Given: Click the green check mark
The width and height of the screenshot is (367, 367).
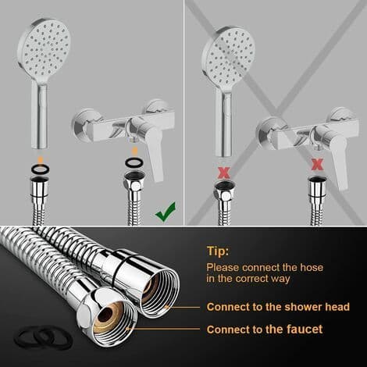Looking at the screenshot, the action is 166,212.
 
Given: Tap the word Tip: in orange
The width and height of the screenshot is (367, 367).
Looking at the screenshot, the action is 218,251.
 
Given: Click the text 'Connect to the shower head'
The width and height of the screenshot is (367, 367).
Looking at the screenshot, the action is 278,307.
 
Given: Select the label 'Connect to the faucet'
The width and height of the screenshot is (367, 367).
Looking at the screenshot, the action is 265,330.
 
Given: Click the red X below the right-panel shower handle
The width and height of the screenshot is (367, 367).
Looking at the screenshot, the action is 224,173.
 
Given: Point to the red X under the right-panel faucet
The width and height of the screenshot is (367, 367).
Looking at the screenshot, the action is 317,165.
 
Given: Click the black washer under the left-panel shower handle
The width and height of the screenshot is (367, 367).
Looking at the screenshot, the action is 41,169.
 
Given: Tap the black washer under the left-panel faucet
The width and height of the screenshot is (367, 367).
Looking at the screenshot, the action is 134,162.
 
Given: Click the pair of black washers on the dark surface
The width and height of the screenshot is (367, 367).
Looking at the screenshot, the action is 44,337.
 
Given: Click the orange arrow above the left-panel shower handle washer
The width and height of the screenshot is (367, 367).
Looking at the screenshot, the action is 41,159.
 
